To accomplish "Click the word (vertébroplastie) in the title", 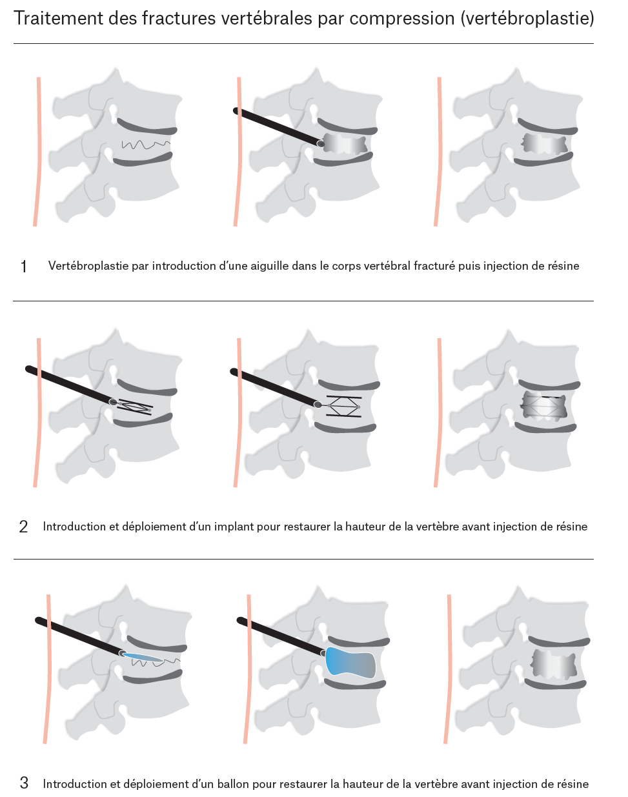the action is point(527,19).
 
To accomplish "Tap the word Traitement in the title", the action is point(58,18).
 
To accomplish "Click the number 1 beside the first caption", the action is point(24,267).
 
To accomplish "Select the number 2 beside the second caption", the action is point(23,527).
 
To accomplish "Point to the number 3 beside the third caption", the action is point(24,783).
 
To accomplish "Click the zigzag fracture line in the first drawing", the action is point(146,145).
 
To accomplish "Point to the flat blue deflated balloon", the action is point(143,658).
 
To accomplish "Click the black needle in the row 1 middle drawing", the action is point(278,126).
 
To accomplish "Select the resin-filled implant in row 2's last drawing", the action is point(543,406).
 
